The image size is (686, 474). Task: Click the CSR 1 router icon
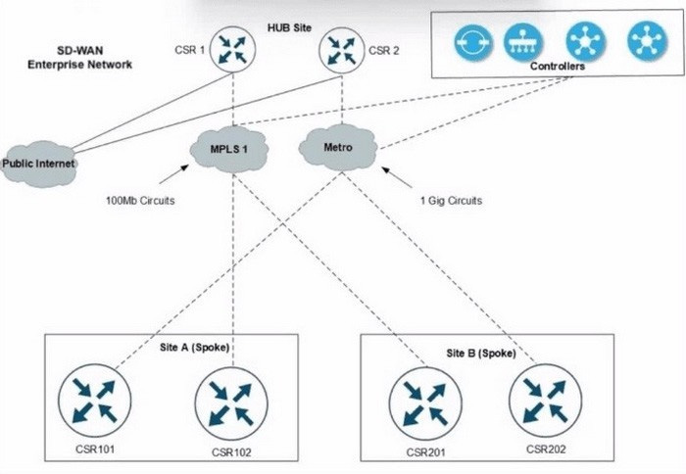tap(232, 49)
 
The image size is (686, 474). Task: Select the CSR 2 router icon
tap(342, 50)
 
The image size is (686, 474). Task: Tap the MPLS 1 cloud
tap(228, 149)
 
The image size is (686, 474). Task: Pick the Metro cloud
tap(338, 147)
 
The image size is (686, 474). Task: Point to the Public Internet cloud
tap(38, 164)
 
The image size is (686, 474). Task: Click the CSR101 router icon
tap(94, 401)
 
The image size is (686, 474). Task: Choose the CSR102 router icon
tap(231, 403)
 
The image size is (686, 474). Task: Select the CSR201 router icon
tap(425, 403)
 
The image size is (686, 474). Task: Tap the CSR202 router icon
tap(545, 401)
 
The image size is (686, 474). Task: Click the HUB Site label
tap(290, 27)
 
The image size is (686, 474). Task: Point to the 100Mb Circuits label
tap(140, 201)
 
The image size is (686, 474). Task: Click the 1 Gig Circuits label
tap(451, 201)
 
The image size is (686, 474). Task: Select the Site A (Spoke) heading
tap(194, 348)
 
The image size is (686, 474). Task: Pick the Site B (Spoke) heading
tap(481, 353)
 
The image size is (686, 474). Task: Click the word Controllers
tap(558, 66)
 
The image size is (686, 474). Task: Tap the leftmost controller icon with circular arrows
tap(473, 42)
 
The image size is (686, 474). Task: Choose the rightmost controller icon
tap(647, 42)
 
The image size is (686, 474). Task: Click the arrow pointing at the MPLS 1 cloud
tap(174, 174)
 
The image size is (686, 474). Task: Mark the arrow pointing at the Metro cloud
tap(396, 177)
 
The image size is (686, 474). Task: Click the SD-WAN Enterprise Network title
tap(79, 57)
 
